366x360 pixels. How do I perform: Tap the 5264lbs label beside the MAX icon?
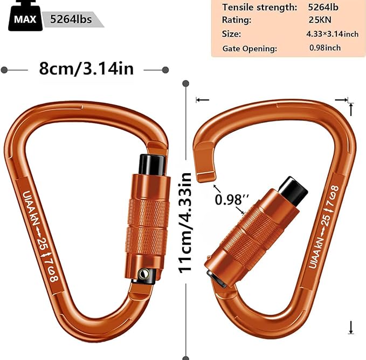(x=70, y=19)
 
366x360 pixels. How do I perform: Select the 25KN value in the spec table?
(x=323, y=20)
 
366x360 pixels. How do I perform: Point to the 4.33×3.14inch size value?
(x=332, y=34)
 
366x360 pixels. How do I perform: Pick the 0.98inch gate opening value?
(x=324, y=47)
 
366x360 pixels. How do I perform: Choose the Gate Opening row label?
(x=250, y=49)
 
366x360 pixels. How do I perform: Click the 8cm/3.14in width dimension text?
(x=86, y=69)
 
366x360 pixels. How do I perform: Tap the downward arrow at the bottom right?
(x=351, y=327)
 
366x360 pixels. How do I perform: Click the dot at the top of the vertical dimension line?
(x=186, y=84)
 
